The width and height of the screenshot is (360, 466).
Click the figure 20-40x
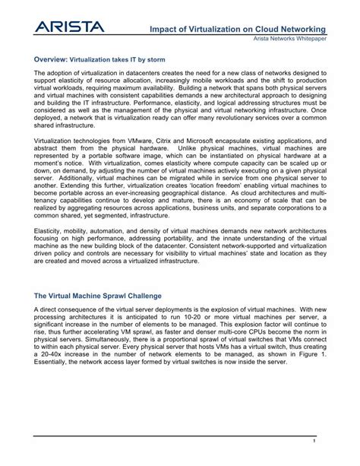[x=58, y=355]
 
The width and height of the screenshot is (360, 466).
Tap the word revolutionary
[x=227, y=119]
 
